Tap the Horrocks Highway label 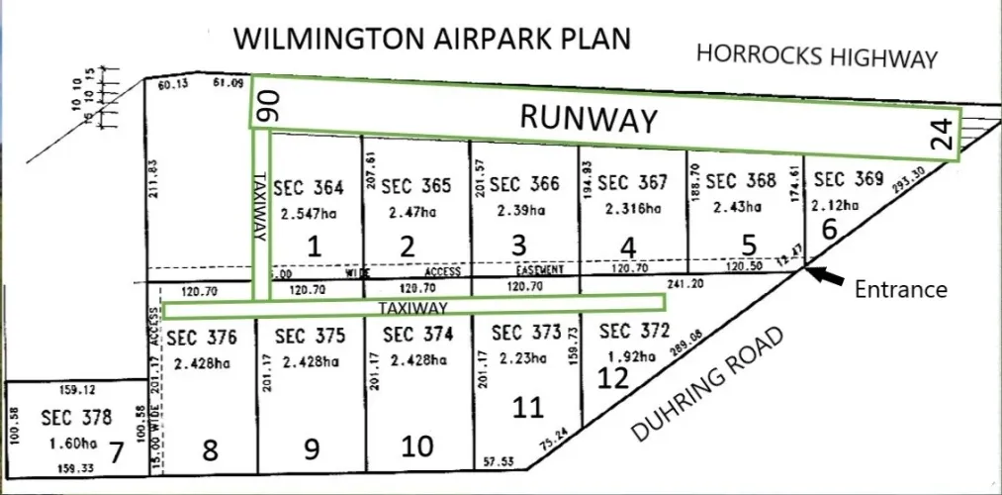[816, 56]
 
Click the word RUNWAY [589, 119]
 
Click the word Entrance [901, 289]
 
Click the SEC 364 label [309, 187]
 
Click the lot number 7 [116, 454]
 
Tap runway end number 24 [945, 134]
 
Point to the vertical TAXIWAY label [260, 205]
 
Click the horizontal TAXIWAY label [414, 309]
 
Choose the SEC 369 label [848, 179]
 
